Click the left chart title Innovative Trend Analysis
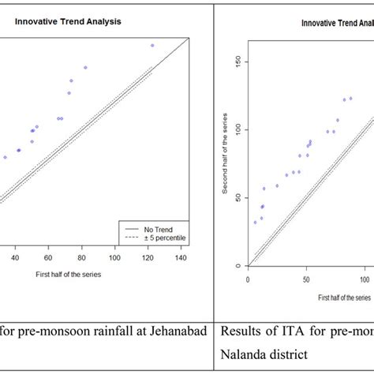[x=68, y=21]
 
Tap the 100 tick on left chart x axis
[x=115, y=257]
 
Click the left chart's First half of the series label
[x=68, y=275]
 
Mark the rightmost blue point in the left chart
[x=152, y=45]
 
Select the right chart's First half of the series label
[x=344, y=297]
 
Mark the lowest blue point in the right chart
[x=256, y=223]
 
